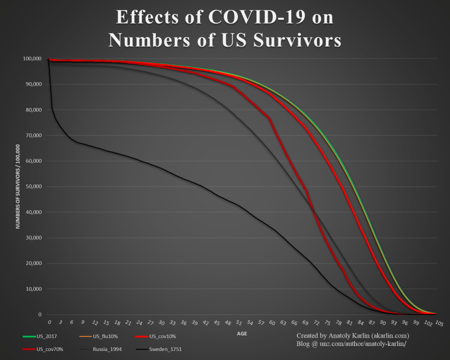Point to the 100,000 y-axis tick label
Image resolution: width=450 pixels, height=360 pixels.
click(31, 58)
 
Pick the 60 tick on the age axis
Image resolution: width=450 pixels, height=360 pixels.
click(272, 323)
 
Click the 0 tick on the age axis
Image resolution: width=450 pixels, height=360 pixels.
click(49, 323)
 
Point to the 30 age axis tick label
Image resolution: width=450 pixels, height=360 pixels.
click(161, 323)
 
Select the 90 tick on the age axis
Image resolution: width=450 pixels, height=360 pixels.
click(382, 323)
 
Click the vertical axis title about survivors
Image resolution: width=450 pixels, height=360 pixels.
click(18, 186)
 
